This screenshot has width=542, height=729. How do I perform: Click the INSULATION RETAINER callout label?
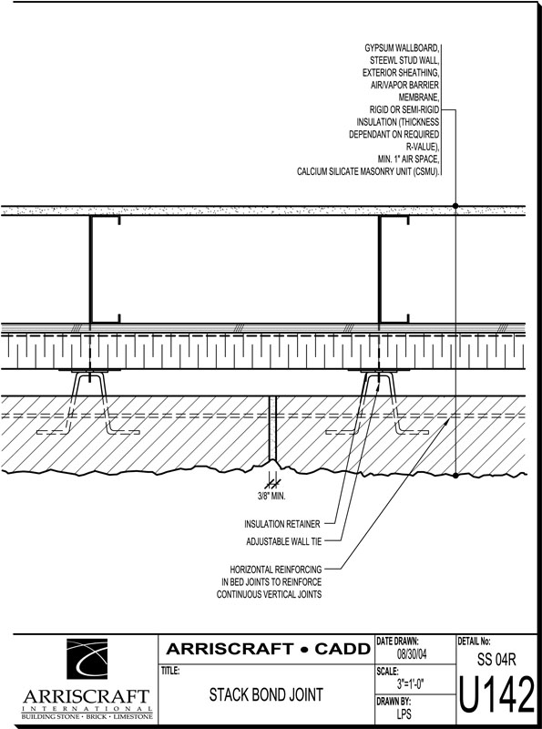(282, 524)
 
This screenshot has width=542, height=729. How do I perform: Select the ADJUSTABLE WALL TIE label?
(283, 541)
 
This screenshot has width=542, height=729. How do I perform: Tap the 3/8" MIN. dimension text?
(271, 497)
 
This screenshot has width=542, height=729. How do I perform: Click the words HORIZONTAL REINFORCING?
(276, 570)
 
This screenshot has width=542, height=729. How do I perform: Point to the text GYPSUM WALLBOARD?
(401, 48)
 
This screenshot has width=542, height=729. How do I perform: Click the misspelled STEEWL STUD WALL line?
(404, 60)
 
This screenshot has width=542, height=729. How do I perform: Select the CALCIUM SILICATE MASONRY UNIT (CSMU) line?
(368, 171)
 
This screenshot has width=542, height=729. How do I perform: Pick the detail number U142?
(497, 695)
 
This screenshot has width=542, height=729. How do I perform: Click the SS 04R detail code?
(496, 659)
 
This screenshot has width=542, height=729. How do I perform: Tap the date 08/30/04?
(412, 654)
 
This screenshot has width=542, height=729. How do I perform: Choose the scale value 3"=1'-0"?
(410, 684)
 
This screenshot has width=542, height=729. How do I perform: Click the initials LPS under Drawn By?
(404, 714)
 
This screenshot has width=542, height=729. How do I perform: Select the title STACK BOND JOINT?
(266, 694)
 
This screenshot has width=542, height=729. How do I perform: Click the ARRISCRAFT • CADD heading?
(269, 649)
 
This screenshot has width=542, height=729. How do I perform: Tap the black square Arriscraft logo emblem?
(87, 659)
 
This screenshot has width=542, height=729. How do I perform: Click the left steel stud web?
(91, 269)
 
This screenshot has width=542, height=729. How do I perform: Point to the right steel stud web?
(380, 269)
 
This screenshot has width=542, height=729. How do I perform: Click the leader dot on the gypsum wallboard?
(455, 206)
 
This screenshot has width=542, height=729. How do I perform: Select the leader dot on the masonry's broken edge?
(455, 475)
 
